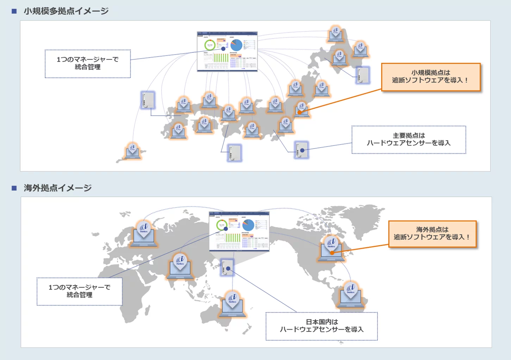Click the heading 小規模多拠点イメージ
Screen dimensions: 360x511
coord(66,11)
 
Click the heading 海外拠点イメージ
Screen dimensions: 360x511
coord(57,188)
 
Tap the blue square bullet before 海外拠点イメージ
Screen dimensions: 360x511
coord(14,188)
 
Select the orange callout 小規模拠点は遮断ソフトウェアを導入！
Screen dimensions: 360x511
coord(430,77)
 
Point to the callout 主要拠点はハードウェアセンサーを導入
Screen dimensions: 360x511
coord(409,140)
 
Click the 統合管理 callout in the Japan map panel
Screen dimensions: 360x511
coord(88,64)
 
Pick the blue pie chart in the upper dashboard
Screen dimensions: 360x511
coord(236,45)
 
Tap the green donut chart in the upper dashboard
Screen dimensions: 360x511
coord(210,45)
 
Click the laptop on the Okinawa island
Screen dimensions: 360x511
coord(132,151)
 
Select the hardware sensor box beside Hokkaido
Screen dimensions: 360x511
coord(362,75)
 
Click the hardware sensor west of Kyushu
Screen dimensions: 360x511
coord(148,100)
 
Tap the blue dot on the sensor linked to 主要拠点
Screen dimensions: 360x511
coord(302,150)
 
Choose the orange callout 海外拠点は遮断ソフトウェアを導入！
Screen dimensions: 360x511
coord(432,234)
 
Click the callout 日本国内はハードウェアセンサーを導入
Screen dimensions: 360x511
coord(322,326)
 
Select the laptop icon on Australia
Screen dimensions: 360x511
coord(232,304)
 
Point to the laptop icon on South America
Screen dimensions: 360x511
coord(350,295)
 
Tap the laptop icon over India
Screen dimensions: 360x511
coord(180,267)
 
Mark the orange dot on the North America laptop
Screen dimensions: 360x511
coord(332,252)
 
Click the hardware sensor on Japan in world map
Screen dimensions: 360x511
coord(227,268)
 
